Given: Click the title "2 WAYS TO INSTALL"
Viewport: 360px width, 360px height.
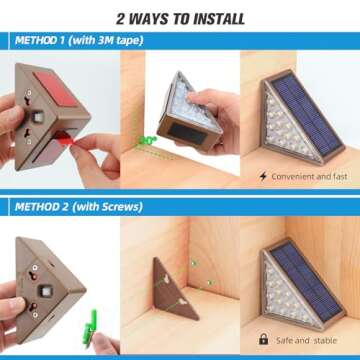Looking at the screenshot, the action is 180,19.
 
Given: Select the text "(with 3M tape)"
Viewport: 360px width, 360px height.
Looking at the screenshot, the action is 107,41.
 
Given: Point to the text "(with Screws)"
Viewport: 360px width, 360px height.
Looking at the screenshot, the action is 107,207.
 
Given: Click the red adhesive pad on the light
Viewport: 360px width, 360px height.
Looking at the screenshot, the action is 56,88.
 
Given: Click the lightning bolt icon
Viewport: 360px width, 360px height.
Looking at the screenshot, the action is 263,176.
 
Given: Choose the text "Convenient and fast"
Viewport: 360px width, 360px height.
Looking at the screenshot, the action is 309,176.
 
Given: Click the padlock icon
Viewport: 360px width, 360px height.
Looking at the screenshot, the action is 263,339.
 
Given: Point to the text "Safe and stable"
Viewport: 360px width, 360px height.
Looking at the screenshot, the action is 306,340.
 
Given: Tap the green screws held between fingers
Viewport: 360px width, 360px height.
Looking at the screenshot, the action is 90,327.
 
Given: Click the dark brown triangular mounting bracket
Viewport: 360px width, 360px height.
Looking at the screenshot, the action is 174,289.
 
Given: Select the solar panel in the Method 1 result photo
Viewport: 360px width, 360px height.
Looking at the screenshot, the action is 307,114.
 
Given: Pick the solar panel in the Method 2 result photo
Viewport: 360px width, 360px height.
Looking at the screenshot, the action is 306,281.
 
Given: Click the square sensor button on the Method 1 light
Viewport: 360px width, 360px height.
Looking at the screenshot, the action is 39,116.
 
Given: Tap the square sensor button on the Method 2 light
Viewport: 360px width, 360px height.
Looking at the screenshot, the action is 45,291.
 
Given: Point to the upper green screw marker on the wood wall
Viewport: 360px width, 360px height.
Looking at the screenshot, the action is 193,263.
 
